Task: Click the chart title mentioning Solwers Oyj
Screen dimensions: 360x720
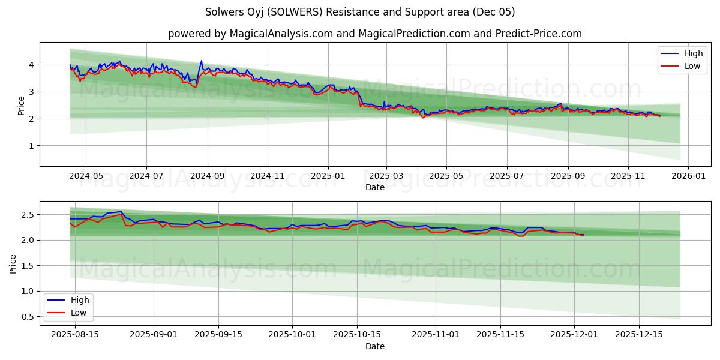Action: pos(360,12)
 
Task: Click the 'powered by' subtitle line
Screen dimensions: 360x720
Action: pos(374,34)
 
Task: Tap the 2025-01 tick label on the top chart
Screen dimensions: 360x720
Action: pos(328,176)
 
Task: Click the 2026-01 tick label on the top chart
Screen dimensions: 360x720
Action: pos(688,176)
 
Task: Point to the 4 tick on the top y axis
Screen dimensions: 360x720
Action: pos(31,65)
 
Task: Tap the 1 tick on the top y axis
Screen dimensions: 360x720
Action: pos(31,146)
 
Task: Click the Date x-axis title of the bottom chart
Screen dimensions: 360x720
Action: pos(375,346)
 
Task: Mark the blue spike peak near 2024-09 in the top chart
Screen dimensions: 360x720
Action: pos(202,61)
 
